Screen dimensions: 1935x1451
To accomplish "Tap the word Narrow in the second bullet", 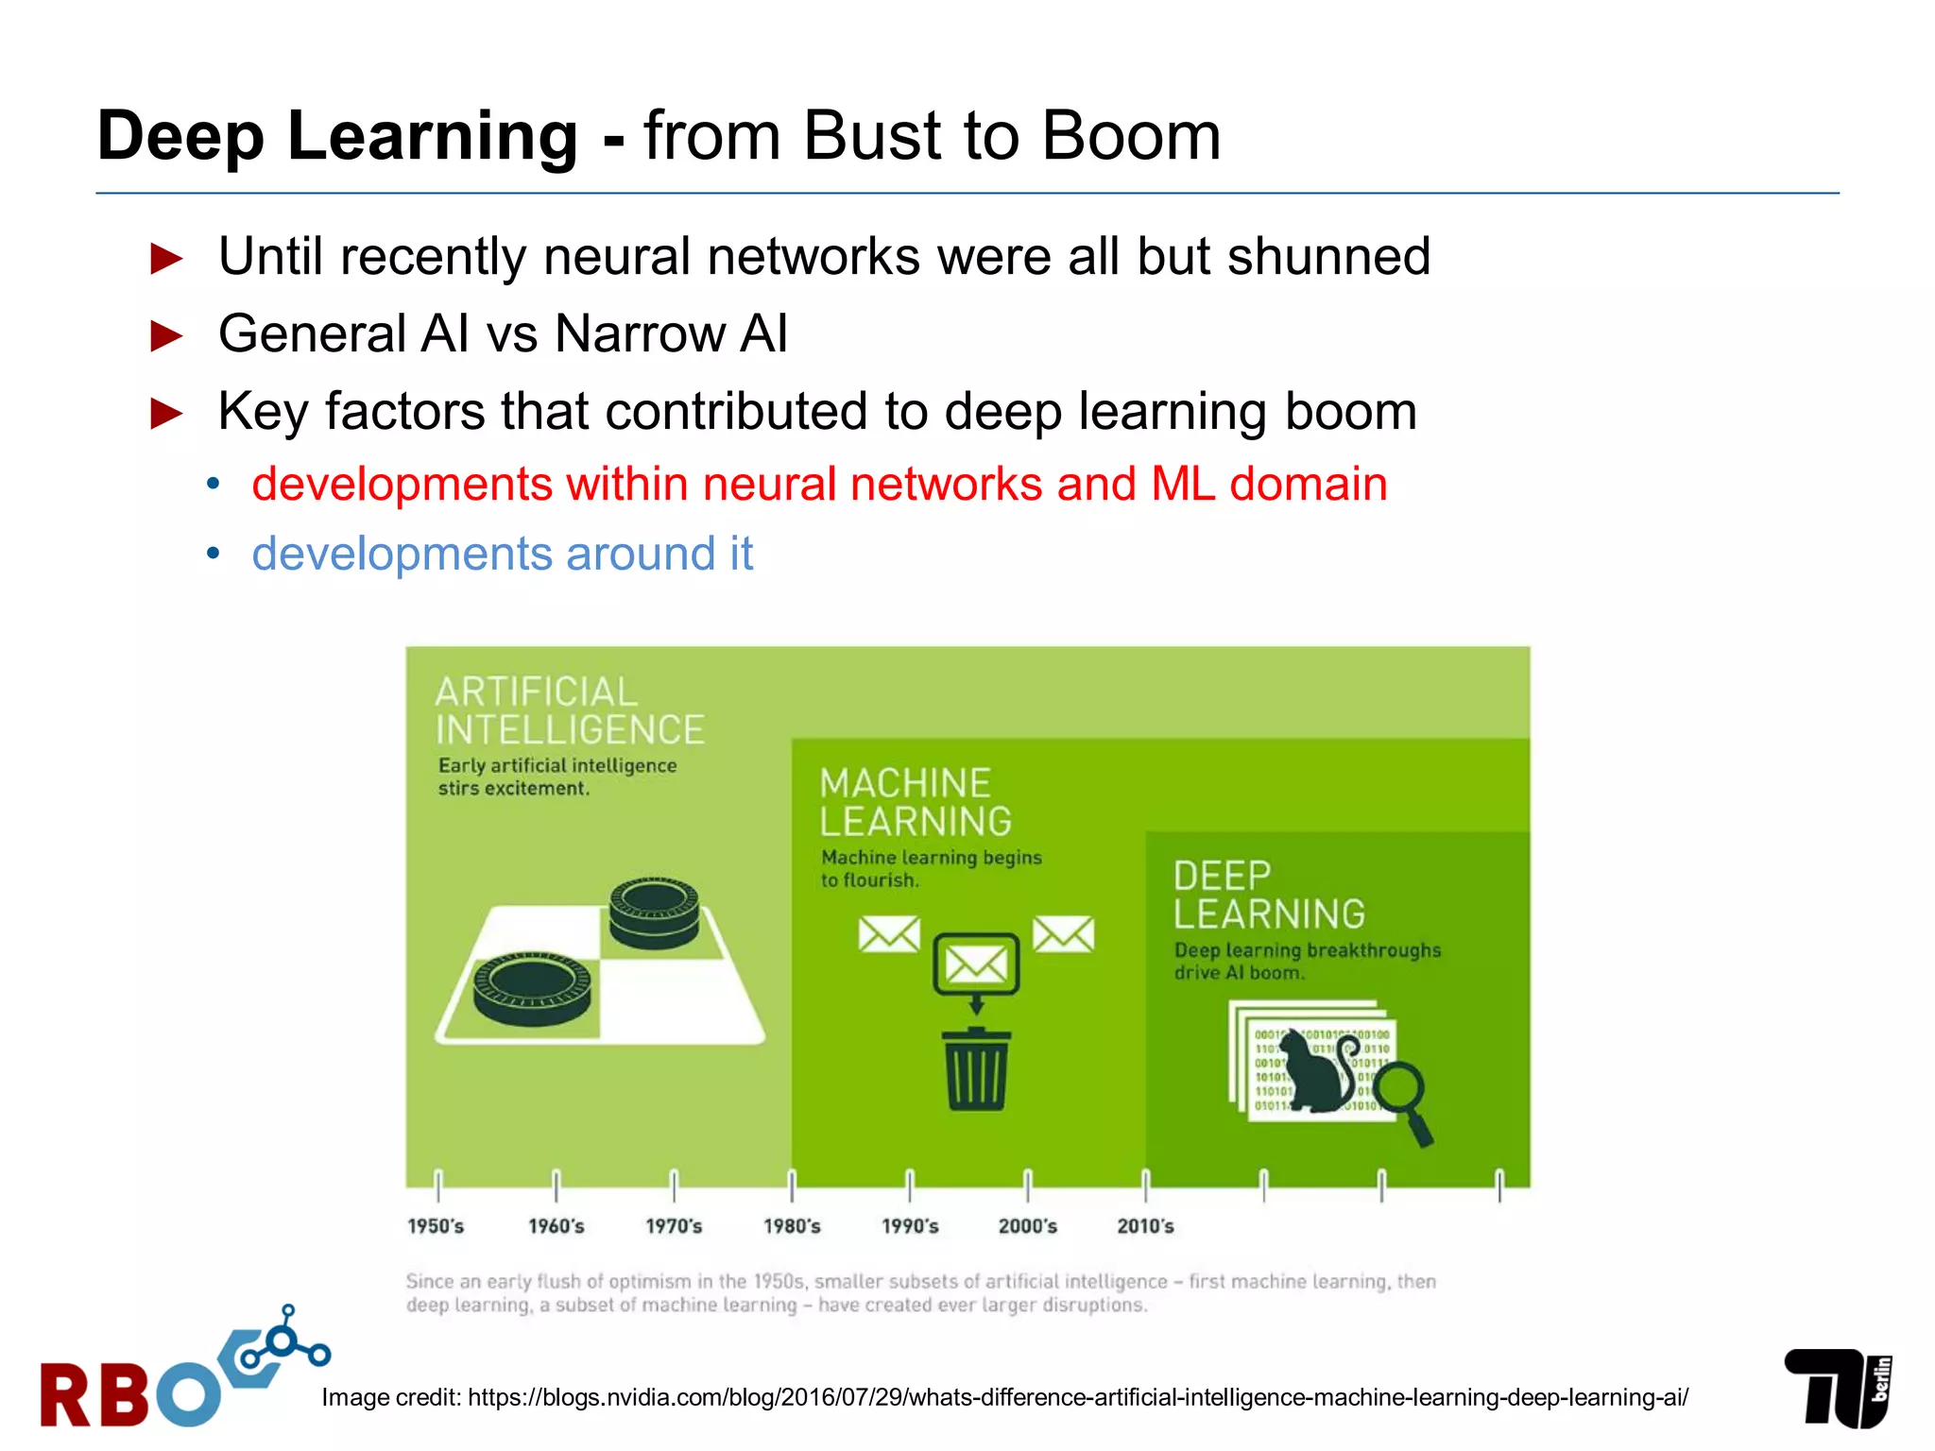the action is (641, 334).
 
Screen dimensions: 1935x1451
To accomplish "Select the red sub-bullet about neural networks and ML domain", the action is (819, 485).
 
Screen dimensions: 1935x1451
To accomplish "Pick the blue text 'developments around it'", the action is (502, 555).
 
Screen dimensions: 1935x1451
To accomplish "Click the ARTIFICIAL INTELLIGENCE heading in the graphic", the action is (569, 711).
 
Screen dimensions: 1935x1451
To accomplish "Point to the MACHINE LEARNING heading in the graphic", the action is (915, 803).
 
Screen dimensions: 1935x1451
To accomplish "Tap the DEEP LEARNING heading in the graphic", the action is (1269, 896).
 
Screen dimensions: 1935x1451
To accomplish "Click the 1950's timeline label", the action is (436, 1226).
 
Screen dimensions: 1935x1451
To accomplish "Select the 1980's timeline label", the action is (792, 1226).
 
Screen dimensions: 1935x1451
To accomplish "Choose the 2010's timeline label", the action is (1145, 1226).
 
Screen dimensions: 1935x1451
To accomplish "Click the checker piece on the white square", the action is (654, 911).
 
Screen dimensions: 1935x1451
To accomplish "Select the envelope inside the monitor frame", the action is (976, 964).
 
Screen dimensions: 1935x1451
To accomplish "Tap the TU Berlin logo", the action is (1838, 1387).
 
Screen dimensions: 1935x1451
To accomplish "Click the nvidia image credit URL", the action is (1077, 1397).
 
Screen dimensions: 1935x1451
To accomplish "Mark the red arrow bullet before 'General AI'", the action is (167, 335).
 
